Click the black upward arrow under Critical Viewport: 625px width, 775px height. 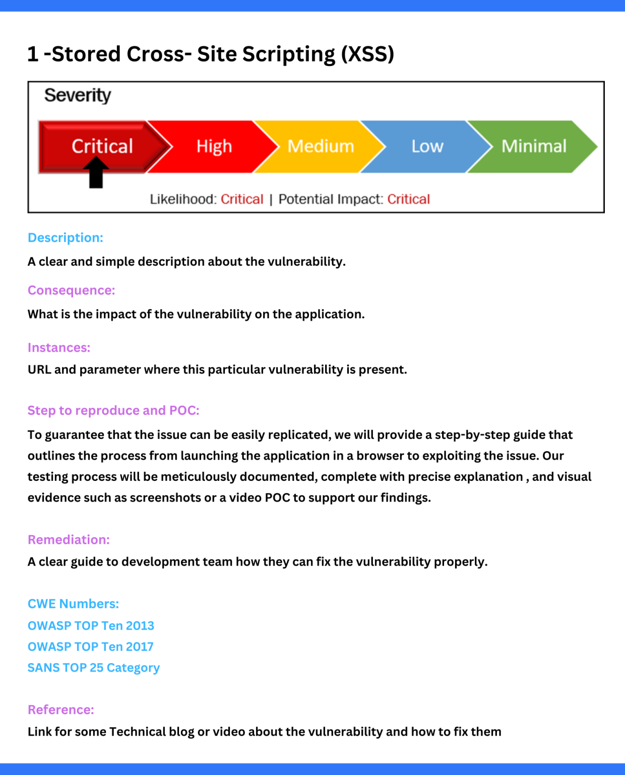pyautogui.click(x=96, y=173)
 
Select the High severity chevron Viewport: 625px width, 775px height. pyautogui.click(x=214, y=146)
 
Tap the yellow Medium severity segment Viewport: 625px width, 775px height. pyautogui.click(x=321, y=146)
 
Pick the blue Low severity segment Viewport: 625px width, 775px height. pyautogui.click(x=427, y=146)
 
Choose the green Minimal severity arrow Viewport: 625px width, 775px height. pyautogui.click(x=533, y=146)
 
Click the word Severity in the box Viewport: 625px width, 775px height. pyautogui.click(x=78, y=95)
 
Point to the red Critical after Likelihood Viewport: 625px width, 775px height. pyautogui.click(x=242, y=199)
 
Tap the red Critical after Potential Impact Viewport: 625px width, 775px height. pyautogui.click(x=408, y=199)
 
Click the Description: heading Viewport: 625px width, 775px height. pyautogui.click(x=66, y=238)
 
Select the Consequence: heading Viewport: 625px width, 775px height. pyautogui.click(x=71, y=290)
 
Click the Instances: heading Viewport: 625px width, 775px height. pyautogui.click(x=59, y=348)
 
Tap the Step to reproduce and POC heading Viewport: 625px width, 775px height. pyautogui.click(x=113, y=410)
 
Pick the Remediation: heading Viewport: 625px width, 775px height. pyautogui.click(x=69, y=539)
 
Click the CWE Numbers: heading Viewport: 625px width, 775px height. pyautogui.click(x=73, y=603)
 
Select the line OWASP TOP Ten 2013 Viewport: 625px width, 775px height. pyautogui.click(x=91, y=626)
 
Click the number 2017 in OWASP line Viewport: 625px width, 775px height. pyautogui.click(x=140, y=647)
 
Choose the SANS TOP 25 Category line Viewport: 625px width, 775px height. pyautogui.click(x=93, y=668)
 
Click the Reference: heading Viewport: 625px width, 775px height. pyautogui.click(x=60, y=709)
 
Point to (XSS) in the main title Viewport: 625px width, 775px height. pyautogui.click(x=367, y=54)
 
